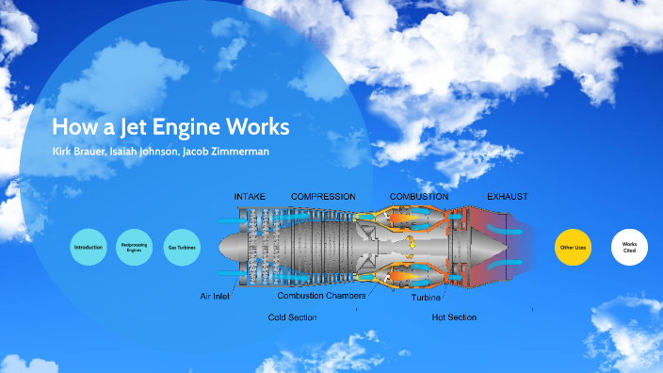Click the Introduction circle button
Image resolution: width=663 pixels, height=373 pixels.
point(89,247)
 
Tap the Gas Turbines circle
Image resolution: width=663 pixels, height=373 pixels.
point(182,247)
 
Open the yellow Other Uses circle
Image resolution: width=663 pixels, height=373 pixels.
point(573,247)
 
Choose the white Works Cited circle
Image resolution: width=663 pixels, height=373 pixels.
point(630,247)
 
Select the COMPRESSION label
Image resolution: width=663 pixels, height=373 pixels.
point(323,197)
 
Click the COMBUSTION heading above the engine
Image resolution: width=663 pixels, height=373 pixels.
point(418,197)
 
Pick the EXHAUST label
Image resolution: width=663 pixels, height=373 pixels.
point(507,197)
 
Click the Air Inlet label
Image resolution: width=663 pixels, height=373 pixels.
point(215,296)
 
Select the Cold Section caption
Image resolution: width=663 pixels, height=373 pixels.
point(292,317)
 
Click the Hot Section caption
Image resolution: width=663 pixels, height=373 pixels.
point(454,317)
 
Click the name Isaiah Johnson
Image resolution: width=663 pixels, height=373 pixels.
point(152,152)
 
